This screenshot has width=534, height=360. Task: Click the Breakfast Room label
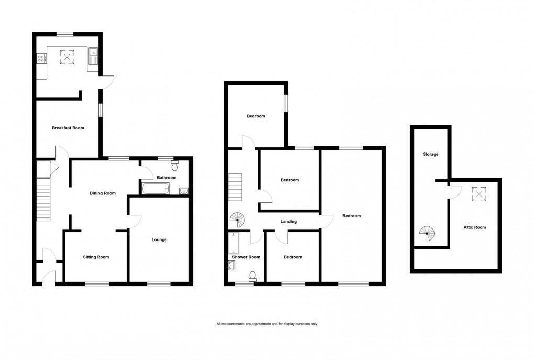(68, 128)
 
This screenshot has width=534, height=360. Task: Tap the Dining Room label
(102, 193)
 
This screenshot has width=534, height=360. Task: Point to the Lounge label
(159, 240)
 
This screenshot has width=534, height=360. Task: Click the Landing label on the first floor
(288, 222)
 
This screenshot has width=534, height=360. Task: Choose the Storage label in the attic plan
(431, 155)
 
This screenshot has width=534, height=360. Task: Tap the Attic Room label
(475, 227)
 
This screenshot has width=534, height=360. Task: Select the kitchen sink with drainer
(94, 55)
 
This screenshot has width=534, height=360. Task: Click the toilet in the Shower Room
(253, 276)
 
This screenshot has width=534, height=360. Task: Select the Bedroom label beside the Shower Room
(293, 257)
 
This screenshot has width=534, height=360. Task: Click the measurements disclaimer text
(267, 324)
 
